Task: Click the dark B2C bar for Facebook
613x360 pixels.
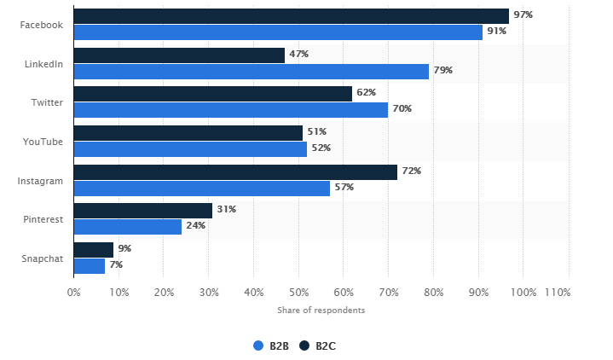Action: (x=291, y=16)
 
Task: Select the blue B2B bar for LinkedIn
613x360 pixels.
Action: (x=251, y=71)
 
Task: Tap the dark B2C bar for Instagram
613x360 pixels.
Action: (x=235, y=171)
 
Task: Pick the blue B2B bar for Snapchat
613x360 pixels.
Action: (x=90, y=265)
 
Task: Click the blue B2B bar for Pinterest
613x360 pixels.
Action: (x=128, y=226)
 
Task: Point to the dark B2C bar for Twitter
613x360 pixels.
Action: (x=213, y=94)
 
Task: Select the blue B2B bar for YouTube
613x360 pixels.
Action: (x=190, y=148)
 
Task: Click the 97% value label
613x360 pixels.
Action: (x=523, y=15)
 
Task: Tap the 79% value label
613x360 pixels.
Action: (x=442, y=71)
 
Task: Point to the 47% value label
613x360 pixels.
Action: (x=298, y=55)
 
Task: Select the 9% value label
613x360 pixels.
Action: (x=124, y=248)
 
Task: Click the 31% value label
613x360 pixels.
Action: (x=226, y=210)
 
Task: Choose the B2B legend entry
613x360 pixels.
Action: (x=272, y=345)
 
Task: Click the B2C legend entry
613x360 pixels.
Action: (x=318, y=345)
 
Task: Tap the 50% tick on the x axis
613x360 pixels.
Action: (x=298, y=293)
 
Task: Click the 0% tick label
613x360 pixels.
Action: (x=74, y=293)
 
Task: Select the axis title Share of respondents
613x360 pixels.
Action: (x=321, y=310)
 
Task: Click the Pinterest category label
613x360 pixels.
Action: (x=43, y=219)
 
